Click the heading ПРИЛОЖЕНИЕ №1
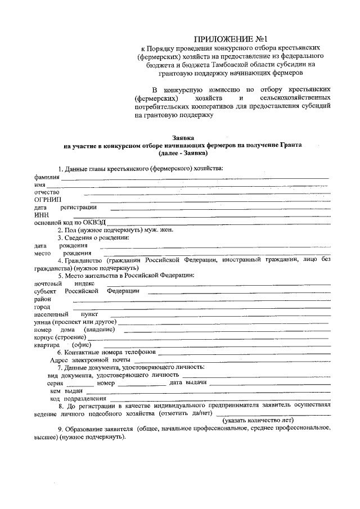pyautogui.click(x=222, y=39)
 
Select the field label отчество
pyautogui.click(x=47, y=192)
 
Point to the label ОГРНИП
pyautogui.click(x=48, y=200)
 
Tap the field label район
pyautogui.click(x=42, y=299)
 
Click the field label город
pyautogui.click(x=42, y=307)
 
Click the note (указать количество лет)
pyautogui.click(x=259, y=420)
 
